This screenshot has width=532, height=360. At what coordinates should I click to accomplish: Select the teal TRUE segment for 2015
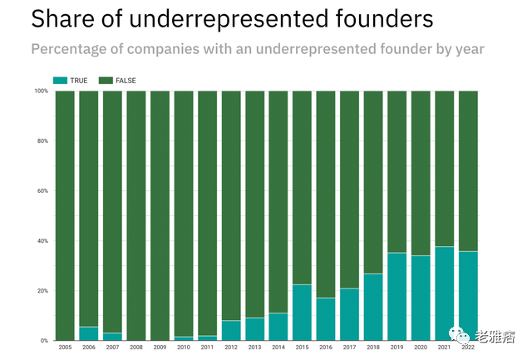point(302,313)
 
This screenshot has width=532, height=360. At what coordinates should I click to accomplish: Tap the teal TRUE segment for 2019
point(397,297)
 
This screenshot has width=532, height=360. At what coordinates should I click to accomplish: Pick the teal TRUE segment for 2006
point(88,333)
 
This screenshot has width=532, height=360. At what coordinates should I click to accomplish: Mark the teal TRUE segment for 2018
point(373,307)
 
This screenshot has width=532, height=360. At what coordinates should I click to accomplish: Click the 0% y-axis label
point(45,341)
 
